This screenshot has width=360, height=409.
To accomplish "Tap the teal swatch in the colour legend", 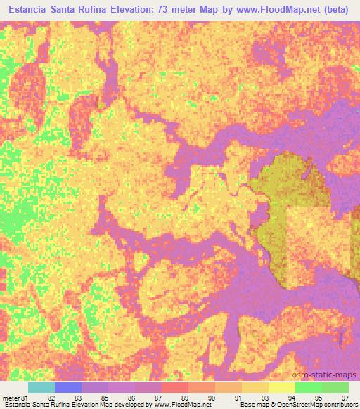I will pyautogui.click(x=41, y=387).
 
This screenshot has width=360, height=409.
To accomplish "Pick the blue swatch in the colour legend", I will pyautogui.click(x=68, y=387).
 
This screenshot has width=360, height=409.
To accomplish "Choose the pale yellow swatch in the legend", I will pyautogui.click(x=281, y=387).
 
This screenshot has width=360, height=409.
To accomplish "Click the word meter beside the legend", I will pyautogui.click(x=9, y=398).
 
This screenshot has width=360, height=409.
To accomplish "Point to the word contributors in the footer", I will pyautogui.click(x=338, y=405).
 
